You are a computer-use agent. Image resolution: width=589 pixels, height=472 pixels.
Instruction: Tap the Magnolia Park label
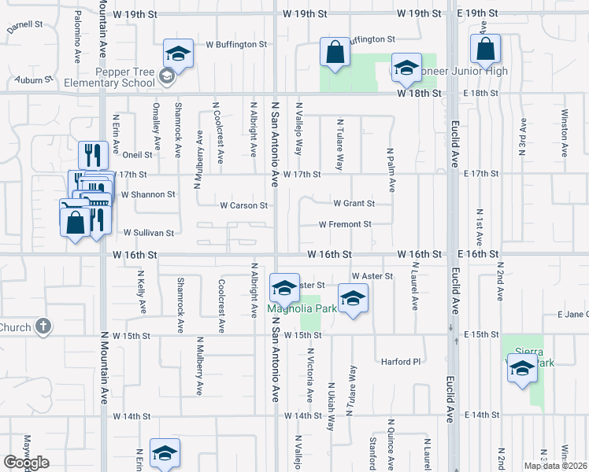point(302,308)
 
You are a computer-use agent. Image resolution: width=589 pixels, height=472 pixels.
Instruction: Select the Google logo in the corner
point(26,463)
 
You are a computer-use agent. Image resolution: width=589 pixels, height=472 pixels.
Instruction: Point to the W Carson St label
point(244,206)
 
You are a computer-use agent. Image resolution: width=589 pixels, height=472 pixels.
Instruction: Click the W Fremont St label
point(345,224)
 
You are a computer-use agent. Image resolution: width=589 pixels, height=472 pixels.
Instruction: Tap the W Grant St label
point(354,203)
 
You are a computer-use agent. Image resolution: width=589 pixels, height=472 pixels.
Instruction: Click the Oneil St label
point(136,155)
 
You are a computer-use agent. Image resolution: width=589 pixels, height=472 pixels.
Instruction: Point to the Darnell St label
point(25,25)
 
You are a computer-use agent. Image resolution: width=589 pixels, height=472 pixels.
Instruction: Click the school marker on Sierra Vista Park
point(522,368)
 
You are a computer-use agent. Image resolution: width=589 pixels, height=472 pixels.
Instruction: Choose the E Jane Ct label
point(572,315)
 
